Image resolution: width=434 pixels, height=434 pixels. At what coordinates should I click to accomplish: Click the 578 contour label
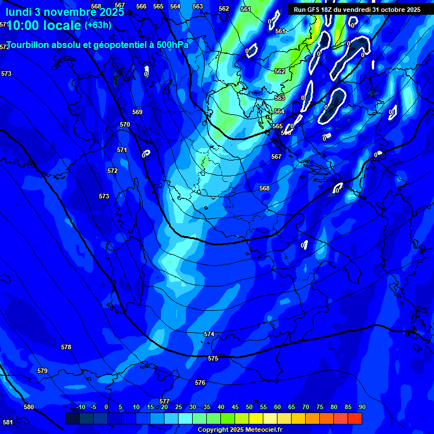click(66, 347)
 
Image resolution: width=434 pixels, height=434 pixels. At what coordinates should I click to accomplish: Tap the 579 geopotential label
click(42, 371)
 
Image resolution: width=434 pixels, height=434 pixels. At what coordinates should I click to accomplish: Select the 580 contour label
click(29, 407)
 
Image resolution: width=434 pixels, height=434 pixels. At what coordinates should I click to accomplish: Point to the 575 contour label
click(213, 358)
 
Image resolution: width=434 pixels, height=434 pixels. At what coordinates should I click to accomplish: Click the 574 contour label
click(209, 334)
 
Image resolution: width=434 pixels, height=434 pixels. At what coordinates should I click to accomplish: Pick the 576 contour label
click(200, 383)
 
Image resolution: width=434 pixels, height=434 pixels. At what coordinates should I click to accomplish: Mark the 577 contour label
click(164, 401)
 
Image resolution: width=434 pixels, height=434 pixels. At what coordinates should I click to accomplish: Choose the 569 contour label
click(137, 112)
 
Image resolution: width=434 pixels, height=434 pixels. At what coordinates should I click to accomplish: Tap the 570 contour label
click(125, 124)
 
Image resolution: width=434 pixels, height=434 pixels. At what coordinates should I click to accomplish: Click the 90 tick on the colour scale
click(362, 407)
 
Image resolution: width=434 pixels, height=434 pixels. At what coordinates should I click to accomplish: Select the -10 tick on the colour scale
click(80, 407)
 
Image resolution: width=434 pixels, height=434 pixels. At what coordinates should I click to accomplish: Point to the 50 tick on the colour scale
click(249, 407)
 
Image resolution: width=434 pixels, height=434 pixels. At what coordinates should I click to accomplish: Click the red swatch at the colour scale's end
click(355, 418)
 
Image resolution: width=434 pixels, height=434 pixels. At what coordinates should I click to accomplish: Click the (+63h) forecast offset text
click(98, 25)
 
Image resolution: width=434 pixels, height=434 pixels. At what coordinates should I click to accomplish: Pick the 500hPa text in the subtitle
click(172, 45)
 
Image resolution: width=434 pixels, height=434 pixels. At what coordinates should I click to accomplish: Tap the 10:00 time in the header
click(23, 25)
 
